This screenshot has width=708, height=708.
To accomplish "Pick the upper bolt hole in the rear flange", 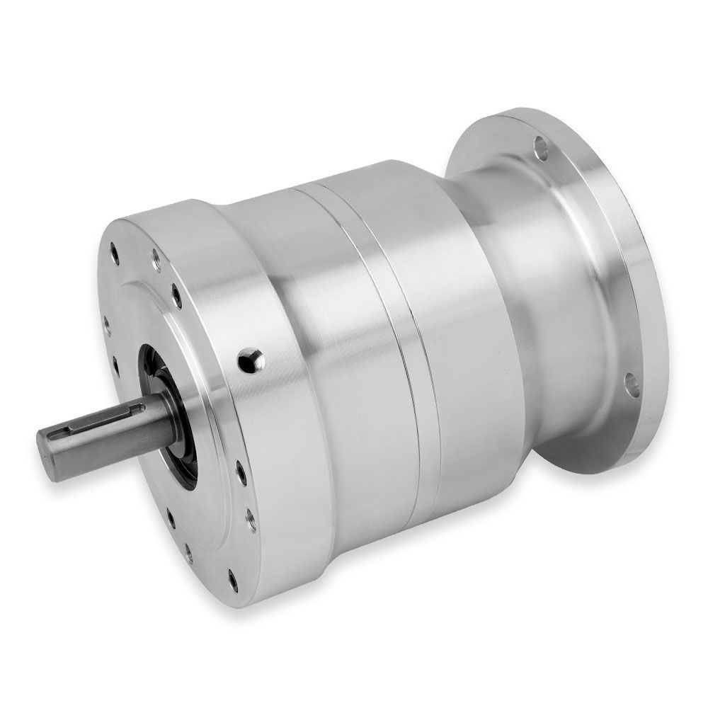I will coord(541,149).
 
